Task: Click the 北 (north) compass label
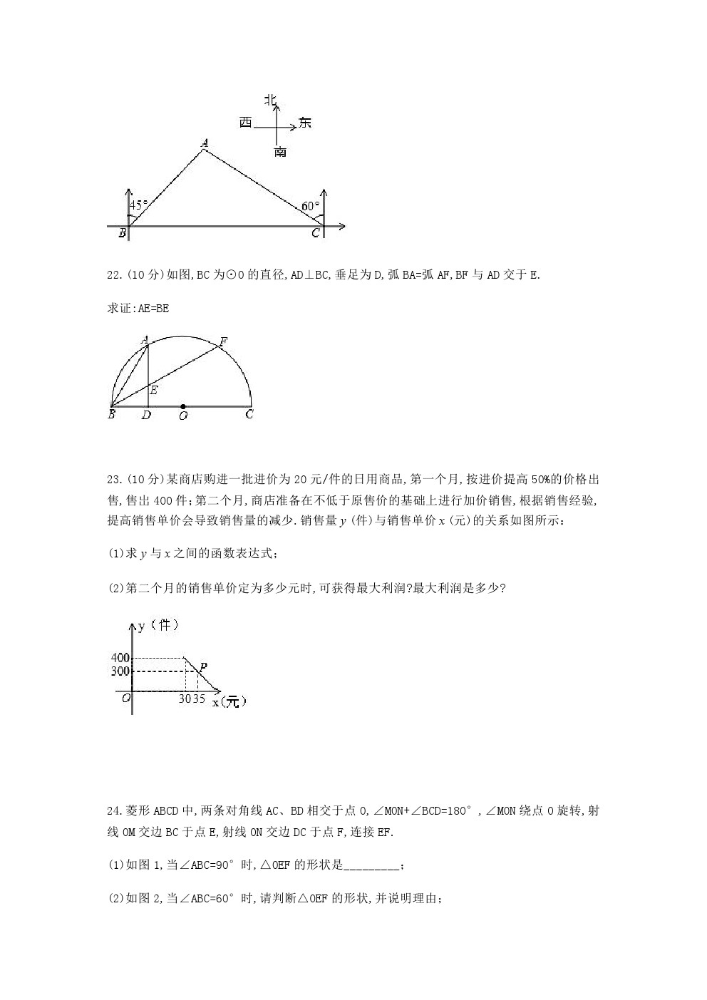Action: coord(271,100)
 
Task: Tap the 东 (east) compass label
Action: coord(305,123)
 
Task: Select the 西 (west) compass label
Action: coord(246,123)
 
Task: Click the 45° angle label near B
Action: coord(139,205)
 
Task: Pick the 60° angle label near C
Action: coord(310,206)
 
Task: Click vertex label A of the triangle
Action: coord(205,143)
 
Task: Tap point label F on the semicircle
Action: coord(223,342)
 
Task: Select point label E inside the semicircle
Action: coord(153,390)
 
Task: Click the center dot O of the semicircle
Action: coord(183,406)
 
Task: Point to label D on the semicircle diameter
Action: coord(146,416)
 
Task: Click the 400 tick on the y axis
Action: coord(120,658)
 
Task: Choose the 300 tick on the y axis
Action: coord(120,671)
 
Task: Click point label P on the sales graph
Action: coord(203,667)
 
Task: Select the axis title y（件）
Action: coord(158,625)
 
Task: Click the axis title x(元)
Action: coord(229,701)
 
